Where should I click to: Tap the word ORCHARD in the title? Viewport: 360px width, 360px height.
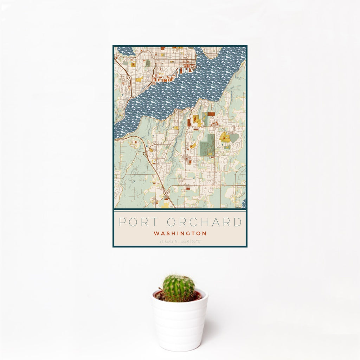coord(204,222)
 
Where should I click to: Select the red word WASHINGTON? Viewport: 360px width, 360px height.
coord(180,233)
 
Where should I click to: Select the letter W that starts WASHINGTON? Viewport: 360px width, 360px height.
coord(156,233)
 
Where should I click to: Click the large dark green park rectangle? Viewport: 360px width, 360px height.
coord(207,145)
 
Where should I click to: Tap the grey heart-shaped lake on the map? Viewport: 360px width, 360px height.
coord(234,138)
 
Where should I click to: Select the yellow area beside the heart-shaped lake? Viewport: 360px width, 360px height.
coord(225,137)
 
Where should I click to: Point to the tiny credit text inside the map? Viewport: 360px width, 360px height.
coord(238,207)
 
